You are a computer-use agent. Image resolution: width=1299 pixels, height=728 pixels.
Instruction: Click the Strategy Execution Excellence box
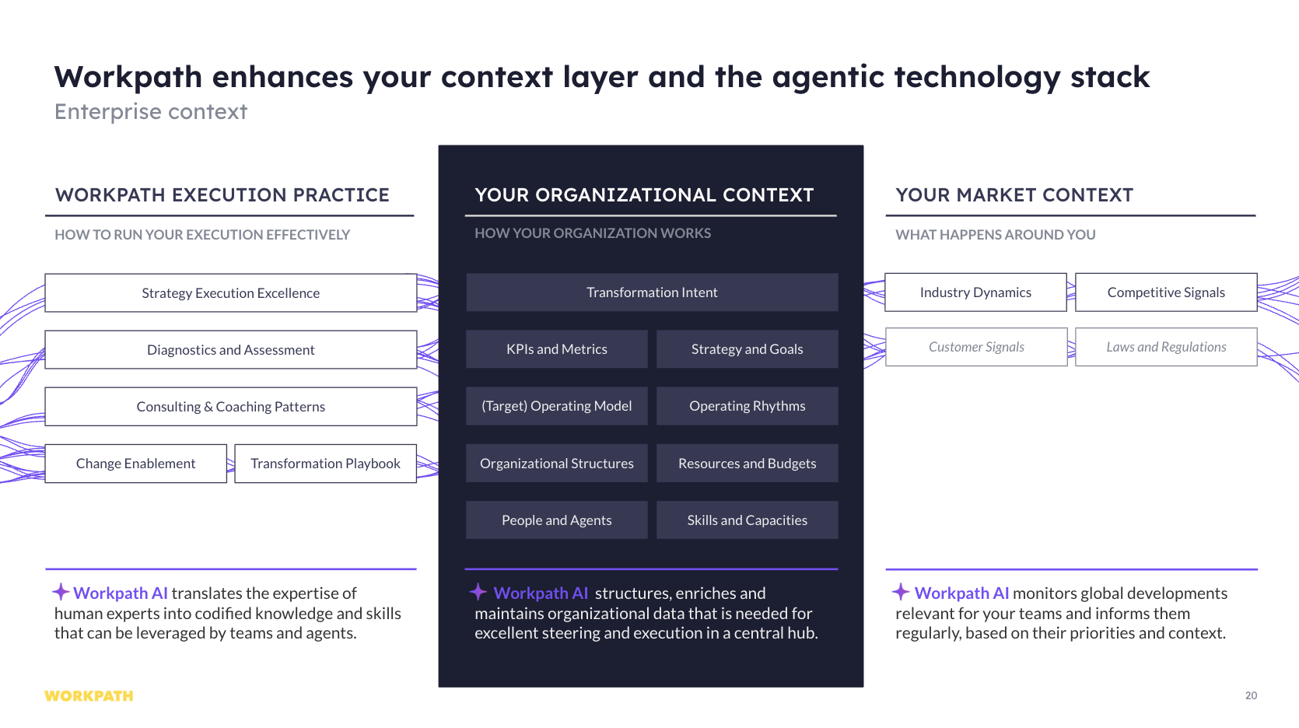coord(231,293)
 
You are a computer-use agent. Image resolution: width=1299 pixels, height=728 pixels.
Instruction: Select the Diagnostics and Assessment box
coord(231,350)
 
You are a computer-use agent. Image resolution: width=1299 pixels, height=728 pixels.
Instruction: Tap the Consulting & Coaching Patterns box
coord(231,407)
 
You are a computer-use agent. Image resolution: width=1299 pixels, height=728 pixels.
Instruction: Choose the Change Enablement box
coord(135,464)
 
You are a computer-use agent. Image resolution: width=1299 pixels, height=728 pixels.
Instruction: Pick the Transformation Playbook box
coord(325,464)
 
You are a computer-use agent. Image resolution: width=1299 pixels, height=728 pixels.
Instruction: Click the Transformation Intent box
coord(652,292)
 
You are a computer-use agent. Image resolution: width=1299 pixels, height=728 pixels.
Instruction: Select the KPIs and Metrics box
coord(557,349)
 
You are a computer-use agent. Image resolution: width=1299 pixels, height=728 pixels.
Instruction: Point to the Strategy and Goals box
coord(747,349)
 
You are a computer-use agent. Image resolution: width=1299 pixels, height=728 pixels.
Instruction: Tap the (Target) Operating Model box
coord(557,406)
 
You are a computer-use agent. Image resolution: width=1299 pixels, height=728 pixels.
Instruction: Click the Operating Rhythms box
coord(747,406)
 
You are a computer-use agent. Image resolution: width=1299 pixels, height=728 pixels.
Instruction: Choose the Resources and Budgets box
coord(747,463)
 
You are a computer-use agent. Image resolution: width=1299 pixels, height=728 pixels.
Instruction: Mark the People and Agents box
coord(557,520)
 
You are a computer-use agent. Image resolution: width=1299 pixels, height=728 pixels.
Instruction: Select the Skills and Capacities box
coord(747,520)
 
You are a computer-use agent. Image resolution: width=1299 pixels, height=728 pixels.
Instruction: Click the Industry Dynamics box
coord(976,292)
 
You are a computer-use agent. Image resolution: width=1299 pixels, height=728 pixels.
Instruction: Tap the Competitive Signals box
coord(1166,292)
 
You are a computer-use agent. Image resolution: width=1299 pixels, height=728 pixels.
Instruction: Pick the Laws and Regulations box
coord(1166,347)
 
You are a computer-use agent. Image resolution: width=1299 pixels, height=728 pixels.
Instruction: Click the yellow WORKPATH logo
coord(89,695)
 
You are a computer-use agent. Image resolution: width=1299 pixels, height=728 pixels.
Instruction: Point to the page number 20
coord(1251,695)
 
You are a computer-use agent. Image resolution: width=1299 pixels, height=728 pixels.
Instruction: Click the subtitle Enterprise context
coord(151,111)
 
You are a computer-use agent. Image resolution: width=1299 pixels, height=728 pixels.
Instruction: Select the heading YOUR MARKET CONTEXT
coord(1014,195)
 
